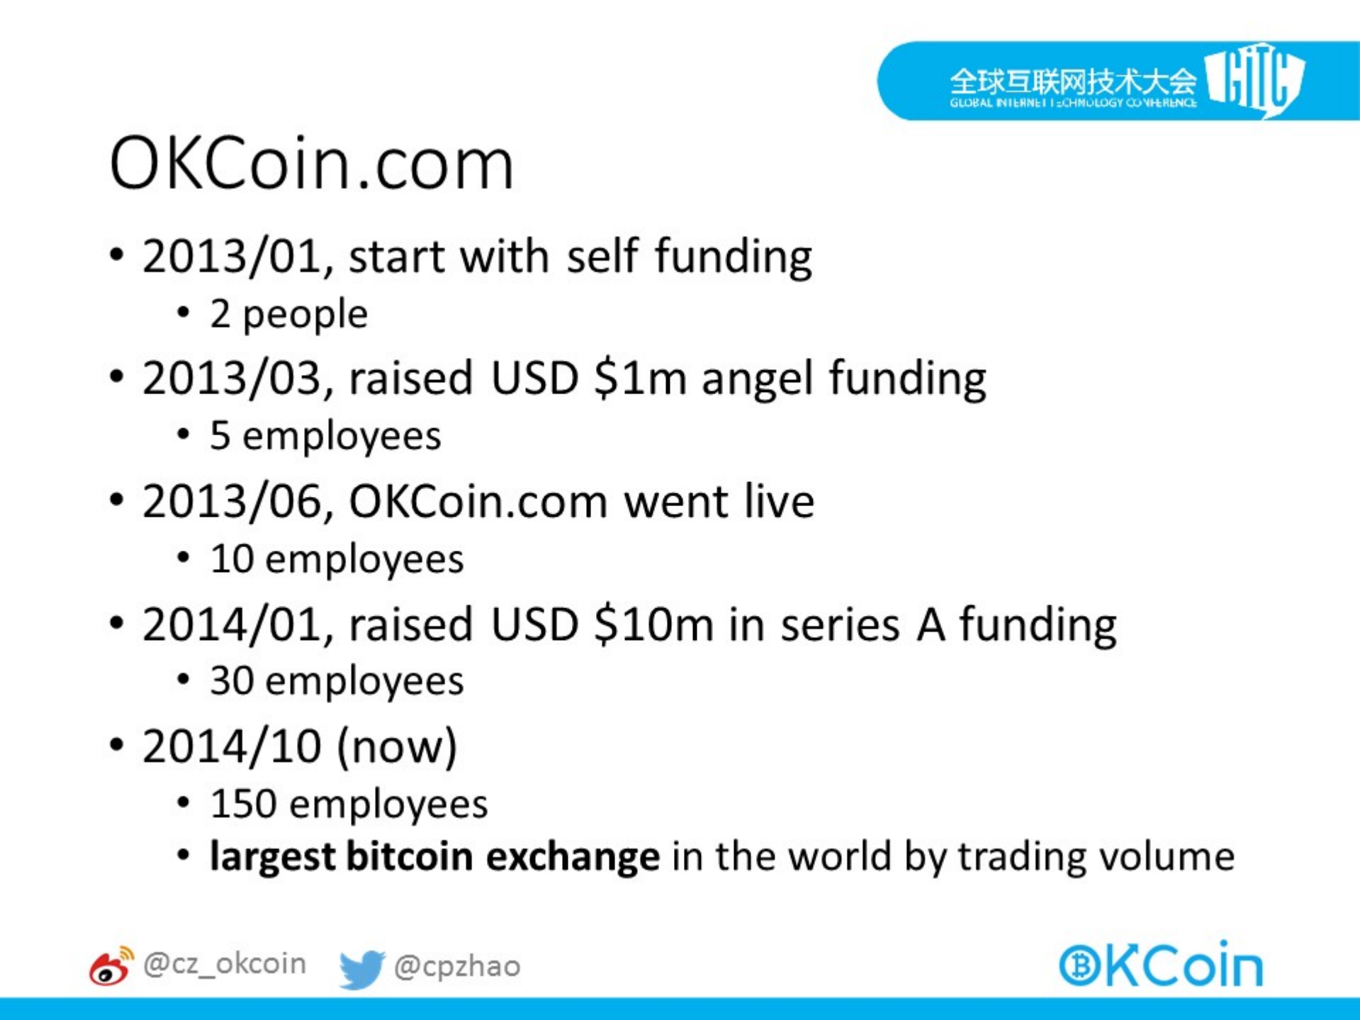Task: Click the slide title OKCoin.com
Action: tap(311, 164)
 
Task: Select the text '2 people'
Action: tap(289, 314)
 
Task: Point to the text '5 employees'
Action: tap(325, 436)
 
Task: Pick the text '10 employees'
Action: tap(337, 559)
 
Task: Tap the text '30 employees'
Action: tap(337, 681)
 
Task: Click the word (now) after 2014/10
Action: tap(397, 746)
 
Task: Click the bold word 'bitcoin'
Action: tap(410, 856)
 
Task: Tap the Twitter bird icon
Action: tap(361, 968)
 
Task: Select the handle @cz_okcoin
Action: tap(225, 964)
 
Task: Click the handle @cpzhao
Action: tap(457, 966)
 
